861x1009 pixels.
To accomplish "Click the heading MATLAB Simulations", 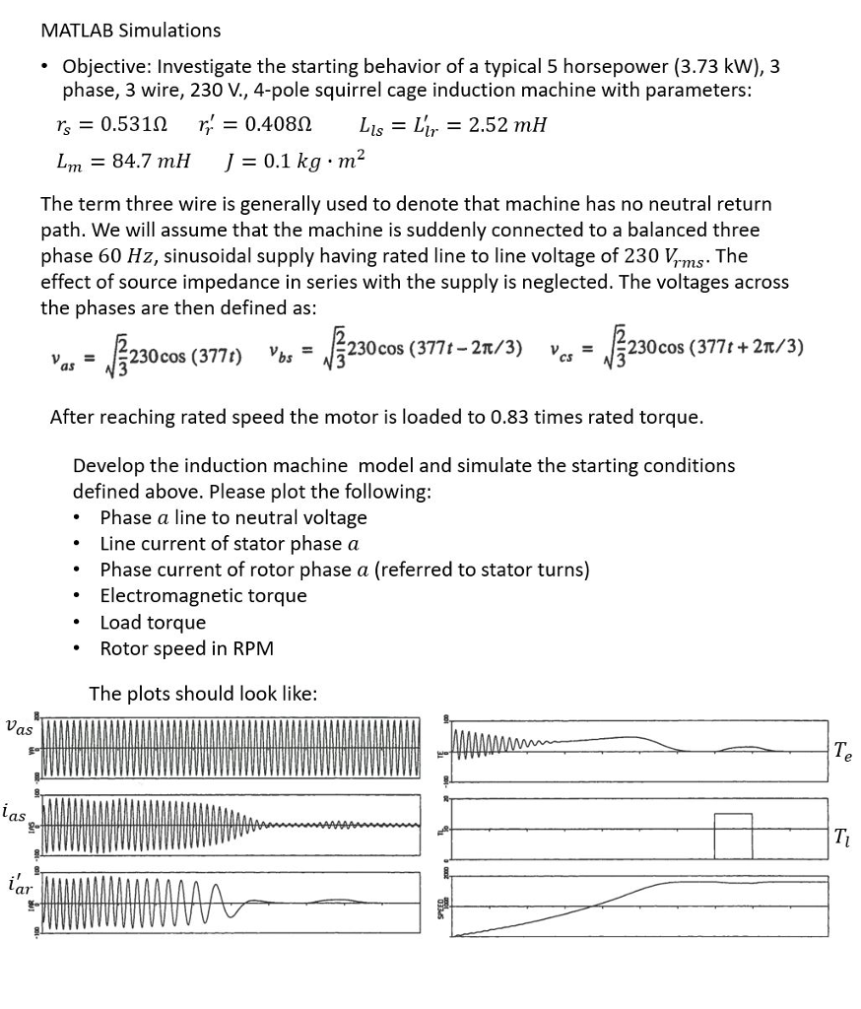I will pyautogui.click(x=130, y=31).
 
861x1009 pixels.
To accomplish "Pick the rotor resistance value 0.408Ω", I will pyautogui.click(x=271, y=125).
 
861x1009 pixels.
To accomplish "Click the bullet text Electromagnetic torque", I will pyautogui.click(x=203, y=595).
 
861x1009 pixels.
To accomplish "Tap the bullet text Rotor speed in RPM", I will pyautogui.click(x=187, y=648).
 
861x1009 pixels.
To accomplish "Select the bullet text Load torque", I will pyautogui.click(x=153, y=622).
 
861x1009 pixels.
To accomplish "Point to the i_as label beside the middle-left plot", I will pyautogui.click(x=15, y=813).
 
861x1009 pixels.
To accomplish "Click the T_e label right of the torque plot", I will pyautogui.click(x=842, y=752).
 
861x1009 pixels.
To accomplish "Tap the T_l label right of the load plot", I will pyautogui.click(x=840, y=838).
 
